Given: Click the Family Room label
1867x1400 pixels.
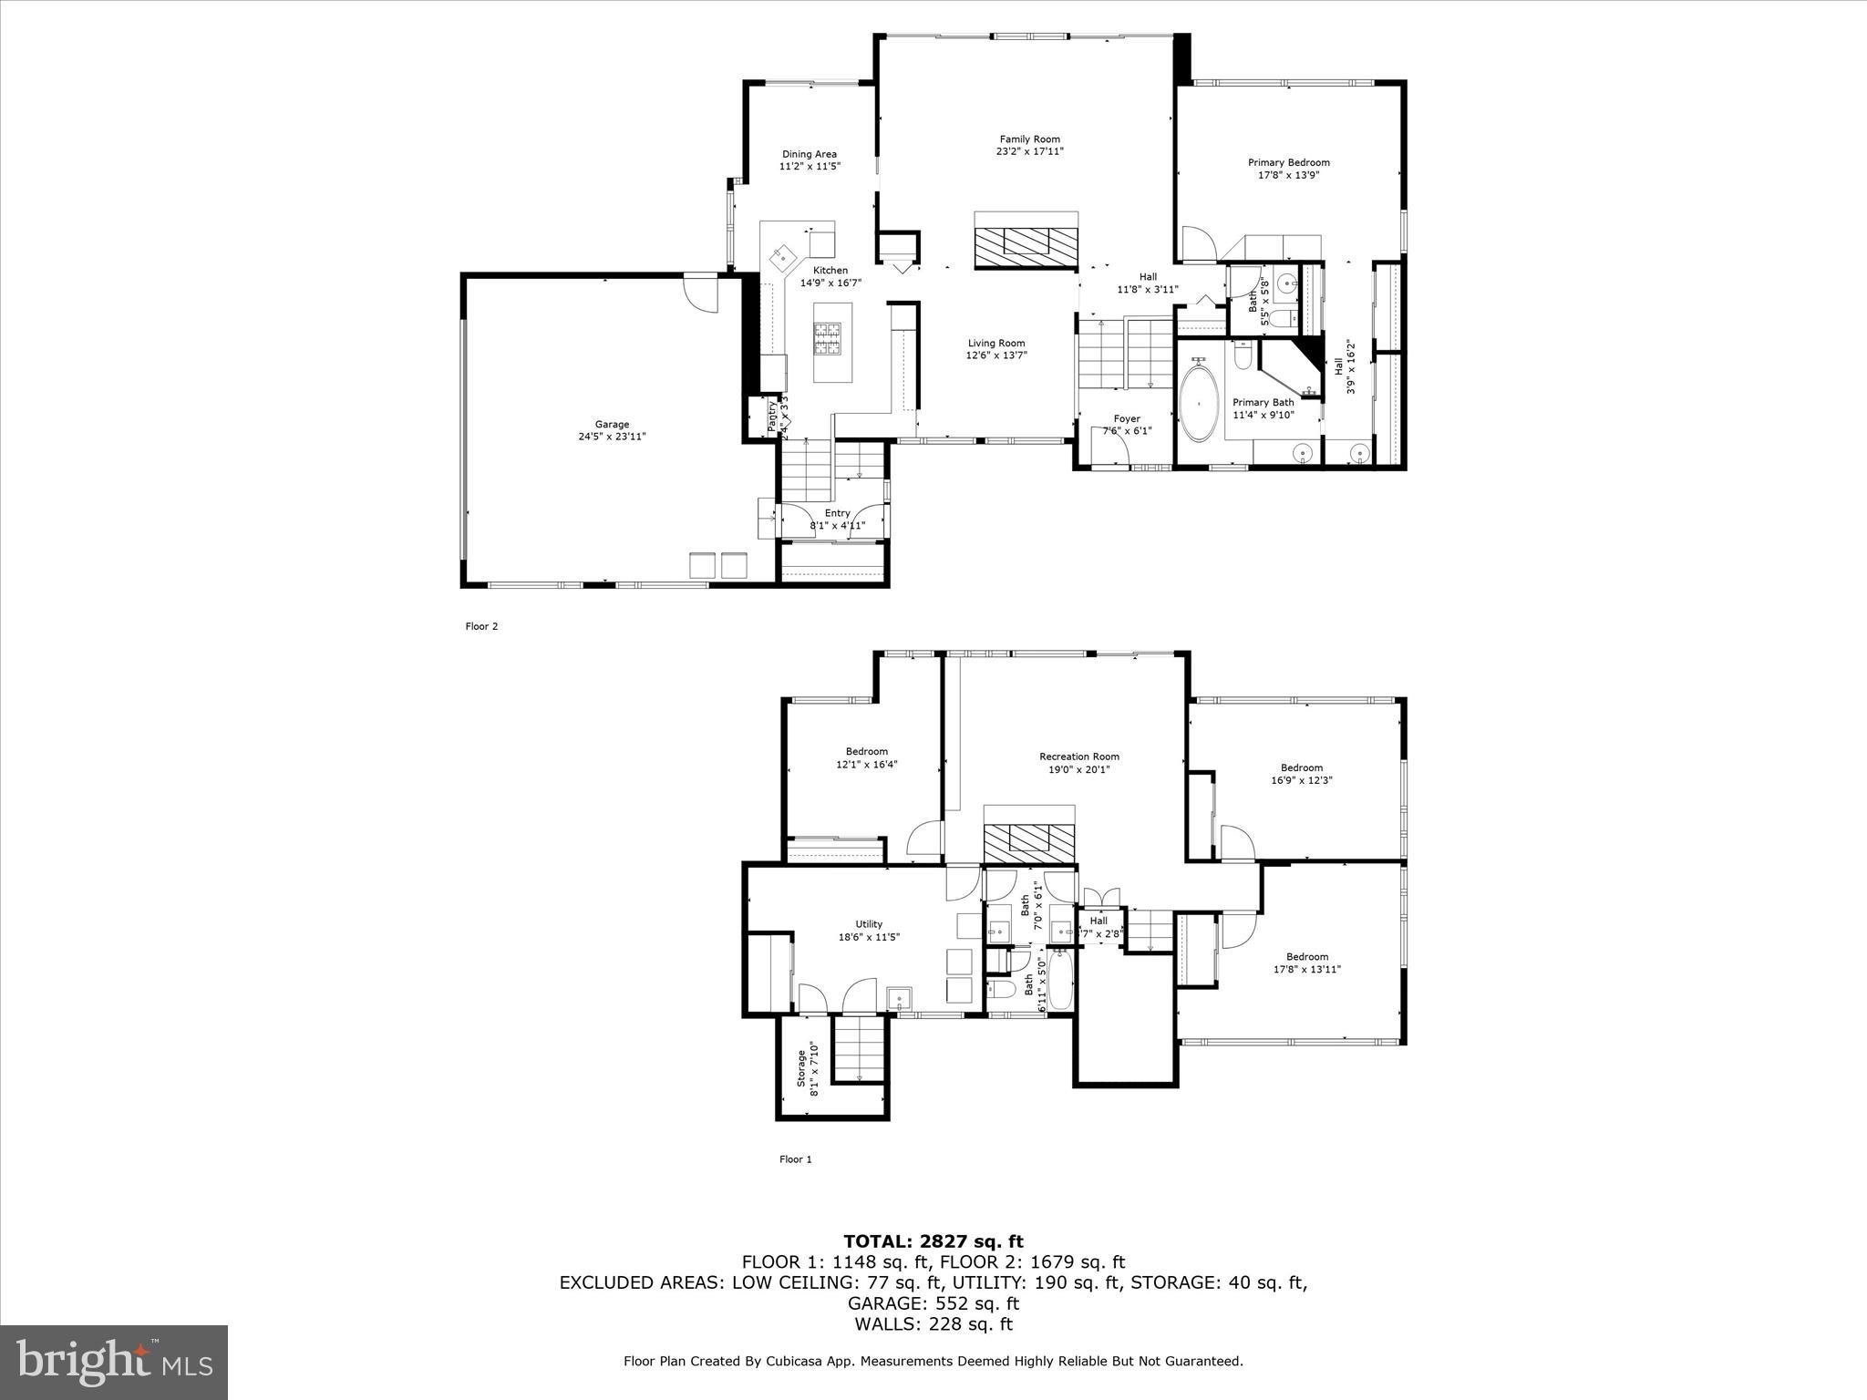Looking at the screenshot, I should pos(1029,139).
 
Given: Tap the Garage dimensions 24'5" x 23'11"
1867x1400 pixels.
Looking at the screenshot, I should pos(613,437).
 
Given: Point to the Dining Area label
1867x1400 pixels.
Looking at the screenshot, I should pos(809,154).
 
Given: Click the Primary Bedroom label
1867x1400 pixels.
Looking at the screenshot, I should pos(1288,162).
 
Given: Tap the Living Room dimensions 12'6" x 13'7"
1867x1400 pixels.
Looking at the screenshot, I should pos(996,355).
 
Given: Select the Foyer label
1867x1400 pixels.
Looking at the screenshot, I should pos(1127,419).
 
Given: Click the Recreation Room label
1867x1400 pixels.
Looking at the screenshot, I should pos(1078,757).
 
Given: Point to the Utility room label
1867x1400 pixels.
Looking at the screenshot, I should pos(869,924).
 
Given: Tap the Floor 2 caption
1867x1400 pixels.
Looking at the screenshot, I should pos(481,626).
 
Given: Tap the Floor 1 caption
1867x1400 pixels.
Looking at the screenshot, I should pos(795,1159).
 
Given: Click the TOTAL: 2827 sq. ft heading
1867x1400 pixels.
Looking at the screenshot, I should pos(933,1241).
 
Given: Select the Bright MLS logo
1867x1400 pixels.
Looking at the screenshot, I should pos(114,1362).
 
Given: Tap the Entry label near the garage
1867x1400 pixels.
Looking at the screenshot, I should pos(837,513).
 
